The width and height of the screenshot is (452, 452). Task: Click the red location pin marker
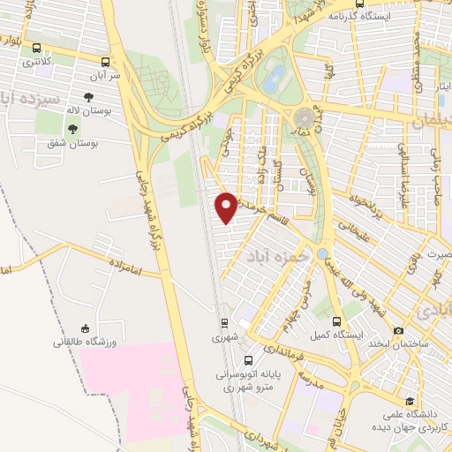(x=227, y=207)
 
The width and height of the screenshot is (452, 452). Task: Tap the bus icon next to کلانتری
(x=36, y=49)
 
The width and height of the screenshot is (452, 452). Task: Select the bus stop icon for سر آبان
(x=106, y=62)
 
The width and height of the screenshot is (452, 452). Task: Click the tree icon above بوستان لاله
(x=87, y=97)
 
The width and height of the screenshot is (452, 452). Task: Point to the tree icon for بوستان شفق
(x=72, y=129)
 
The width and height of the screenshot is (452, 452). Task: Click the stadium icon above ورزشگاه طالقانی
(x=85, y=328)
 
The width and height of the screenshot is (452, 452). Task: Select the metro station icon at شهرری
(x=224, y=323)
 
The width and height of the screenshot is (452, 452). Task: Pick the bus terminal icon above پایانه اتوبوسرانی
(x=249, y=360)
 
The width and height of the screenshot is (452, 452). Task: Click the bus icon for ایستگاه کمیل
(x=335, y=322)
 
